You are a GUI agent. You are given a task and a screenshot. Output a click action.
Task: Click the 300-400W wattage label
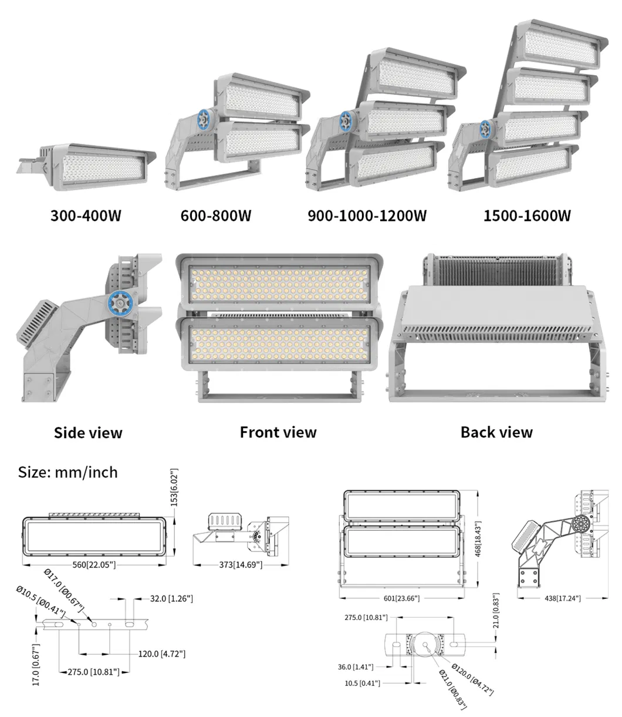[x=86, y=216]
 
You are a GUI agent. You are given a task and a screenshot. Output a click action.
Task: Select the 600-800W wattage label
[x=215, y=216]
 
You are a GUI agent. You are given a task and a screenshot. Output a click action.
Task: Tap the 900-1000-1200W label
[x=367, y=216]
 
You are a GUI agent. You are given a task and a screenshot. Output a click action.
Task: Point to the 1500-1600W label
[x=526, y=216]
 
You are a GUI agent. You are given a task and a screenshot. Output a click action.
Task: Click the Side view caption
[x=88, y=433]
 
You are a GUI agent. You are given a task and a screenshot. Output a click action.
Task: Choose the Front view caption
[x=278, y=433]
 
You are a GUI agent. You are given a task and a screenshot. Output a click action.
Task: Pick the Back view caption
[x=496, y=433]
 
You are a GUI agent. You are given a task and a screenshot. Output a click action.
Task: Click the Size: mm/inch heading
[x=67, y=472]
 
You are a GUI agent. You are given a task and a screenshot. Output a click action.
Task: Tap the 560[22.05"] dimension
[x=94, y=564]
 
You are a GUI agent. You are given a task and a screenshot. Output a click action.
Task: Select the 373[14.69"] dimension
[x=240, y=564]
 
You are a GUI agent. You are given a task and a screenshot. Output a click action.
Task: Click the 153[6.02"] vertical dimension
[x=174, y=487]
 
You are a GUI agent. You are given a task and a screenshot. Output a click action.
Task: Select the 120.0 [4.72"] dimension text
[x=161, y=654]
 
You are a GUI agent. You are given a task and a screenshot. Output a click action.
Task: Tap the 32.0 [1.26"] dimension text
[x=171, y=598]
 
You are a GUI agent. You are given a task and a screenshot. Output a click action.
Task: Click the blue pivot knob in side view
[x=119, y=302]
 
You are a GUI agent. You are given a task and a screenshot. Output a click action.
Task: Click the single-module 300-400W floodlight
[x=94, y=166]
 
